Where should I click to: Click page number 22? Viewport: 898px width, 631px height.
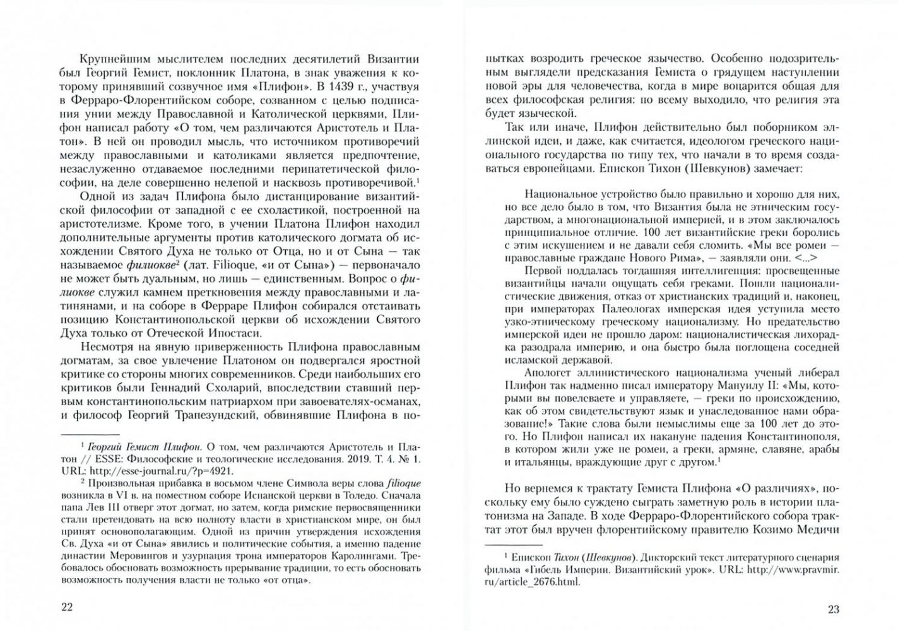click(67, 607)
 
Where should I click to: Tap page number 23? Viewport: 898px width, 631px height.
click(833, 609)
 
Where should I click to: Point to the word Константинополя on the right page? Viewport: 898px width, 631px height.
click(793, 436)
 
